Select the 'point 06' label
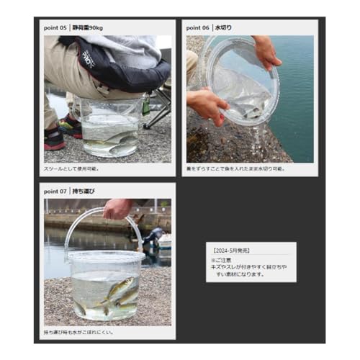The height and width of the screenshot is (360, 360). click(x=199, y=27)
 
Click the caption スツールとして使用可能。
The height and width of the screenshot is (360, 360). click(x=72, y=169)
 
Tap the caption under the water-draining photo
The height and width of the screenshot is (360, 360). click(x=235, y=169)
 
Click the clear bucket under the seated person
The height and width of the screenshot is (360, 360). click(x=109, y=130)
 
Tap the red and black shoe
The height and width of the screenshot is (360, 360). click(x=55, y=137)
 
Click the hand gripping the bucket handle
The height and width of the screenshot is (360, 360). click(x=117, y=210)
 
